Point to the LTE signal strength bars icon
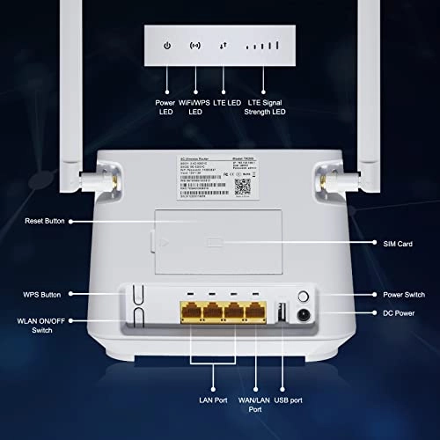pos(261,45)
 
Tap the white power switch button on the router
pos(304,297)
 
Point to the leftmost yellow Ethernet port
pos(193,313)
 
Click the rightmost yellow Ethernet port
pos(255,313)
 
